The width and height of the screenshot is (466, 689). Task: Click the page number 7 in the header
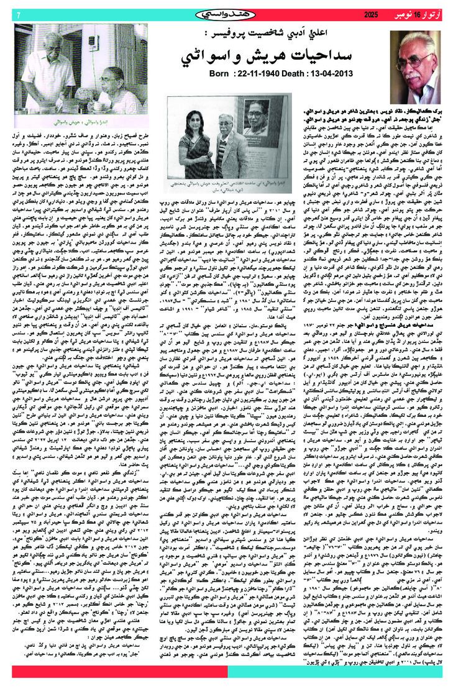[19, 14]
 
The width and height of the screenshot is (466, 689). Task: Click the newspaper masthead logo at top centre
[232, 13]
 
